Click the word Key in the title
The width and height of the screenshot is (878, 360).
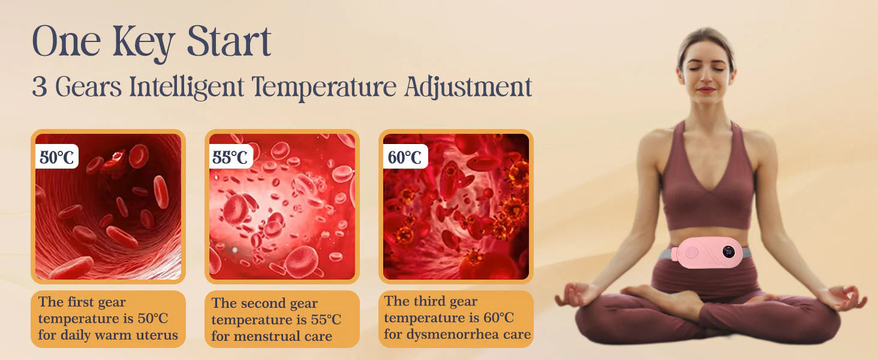click(x=143, y=43)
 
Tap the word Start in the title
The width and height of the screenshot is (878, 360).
click(x=229, y=41)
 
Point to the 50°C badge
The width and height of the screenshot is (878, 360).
click(x=57, y=157)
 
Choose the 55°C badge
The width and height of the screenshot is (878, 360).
click(x=230, y=157)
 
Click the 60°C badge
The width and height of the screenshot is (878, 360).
click(x=405, y=157)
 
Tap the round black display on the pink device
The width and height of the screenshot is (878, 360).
click(x=729, y=252)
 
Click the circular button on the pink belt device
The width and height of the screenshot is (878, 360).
click(x=691, y=252)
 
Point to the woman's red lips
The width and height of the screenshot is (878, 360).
click(x=706, y=90)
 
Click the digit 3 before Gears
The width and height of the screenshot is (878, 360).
click(x=40, y=87)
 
